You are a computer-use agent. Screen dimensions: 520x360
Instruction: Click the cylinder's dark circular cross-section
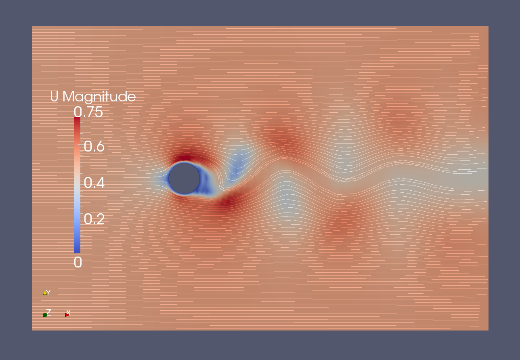point(184,178)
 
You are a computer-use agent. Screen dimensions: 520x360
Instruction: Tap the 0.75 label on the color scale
point(88,112)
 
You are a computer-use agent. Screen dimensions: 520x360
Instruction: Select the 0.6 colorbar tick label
point(94,146)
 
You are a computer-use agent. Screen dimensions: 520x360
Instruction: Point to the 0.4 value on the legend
point(94,183)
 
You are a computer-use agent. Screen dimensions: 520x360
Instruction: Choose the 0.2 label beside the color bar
point(94,219)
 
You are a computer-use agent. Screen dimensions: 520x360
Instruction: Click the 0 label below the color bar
point(78,262)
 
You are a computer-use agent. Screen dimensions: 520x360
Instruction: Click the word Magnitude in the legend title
point(99,97)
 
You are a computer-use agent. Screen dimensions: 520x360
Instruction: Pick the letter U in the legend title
point(54,96)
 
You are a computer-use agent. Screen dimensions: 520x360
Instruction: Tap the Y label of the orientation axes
point(48,292)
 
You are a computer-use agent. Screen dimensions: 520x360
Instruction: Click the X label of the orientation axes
point(68,312)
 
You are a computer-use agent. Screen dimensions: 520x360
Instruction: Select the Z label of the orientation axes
point(48,312)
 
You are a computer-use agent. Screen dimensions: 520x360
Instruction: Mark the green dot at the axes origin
point(45,315)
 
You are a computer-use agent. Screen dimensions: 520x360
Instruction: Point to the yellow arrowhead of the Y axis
point(45,293)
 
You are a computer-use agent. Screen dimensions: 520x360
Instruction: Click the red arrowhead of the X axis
point(67,315)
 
